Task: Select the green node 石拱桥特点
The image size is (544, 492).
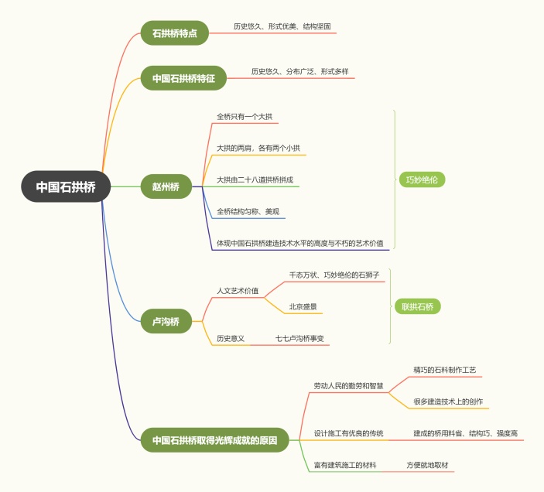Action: (x=174, y=33)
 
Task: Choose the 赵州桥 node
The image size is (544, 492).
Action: (x=166, y=186)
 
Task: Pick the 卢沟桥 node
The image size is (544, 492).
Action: (x=166, y=320)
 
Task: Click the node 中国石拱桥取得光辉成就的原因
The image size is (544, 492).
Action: (x=214, y=440)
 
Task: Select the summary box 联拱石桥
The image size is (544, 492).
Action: (x=418, y=306)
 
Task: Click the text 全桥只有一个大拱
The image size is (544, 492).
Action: (x=245, y=117)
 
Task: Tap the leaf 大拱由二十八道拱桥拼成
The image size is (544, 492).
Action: (x=255, y=180)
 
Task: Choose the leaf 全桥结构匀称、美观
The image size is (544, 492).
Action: (x=248, y=211)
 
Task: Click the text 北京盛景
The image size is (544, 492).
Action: (x=303, y=306)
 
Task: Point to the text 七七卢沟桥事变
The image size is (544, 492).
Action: (x=299, y=339)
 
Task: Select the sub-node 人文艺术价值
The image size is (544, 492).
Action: (x=238, y=291)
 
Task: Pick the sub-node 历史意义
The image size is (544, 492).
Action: (x=231, y=339)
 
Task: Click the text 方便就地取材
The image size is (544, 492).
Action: (x=427, y=465)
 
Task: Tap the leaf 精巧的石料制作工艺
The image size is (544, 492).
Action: (x=445, y=371)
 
